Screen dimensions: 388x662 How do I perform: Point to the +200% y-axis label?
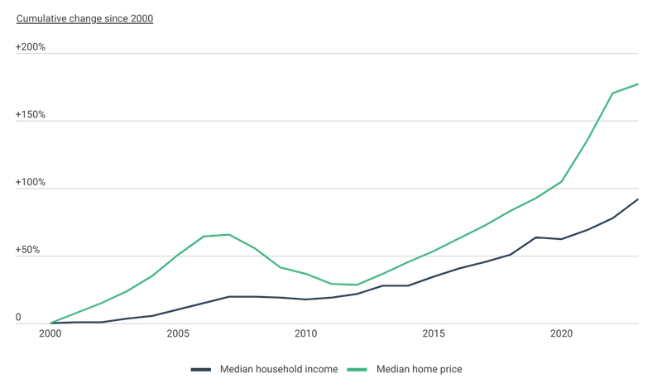[31, 48]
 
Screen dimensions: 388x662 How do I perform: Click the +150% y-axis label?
[31, 115]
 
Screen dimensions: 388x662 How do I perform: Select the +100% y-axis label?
[31, 182]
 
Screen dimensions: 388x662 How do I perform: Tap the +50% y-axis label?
[29, 250]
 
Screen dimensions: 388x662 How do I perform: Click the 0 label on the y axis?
[19, 317]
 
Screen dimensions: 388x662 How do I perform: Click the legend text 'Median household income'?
[279, 369]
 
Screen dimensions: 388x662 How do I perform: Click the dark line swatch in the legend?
[202, 369]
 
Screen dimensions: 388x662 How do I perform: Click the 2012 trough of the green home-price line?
[357, 285]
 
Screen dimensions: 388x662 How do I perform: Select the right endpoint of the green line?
[638, 83]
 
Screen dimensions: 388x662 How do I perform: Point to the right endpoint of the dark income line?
[638, 199]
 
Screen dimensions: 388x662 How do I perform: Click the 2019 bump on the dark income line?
[536, 237]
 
